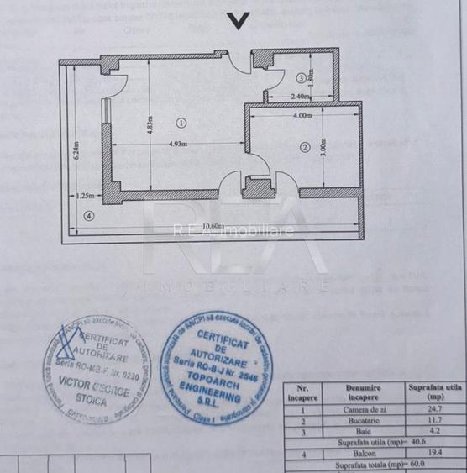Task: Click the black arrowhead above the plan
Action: tap(239, 22)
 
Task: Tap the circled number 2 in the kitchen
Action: tap(305, 148)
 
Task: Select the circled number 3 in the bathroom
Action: tap(300, 78)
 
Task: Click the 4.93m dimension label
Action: tap(177, 145)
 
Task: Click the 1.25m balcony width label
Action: tap(84, 196)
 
